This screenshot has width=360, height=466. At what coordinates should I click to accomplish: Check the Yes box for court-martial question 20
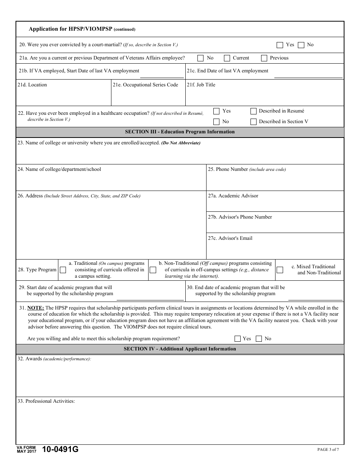(x=280, y=45)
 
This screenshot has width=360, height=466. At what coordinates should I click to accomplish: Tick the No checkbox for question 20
(x=301, y=45)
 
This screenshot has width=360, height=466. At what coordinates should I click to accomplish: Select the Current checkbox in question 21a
(x=227, y=58)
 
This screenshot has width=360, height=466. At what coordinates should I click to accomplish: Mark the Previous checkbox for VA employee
(x=264, y=58)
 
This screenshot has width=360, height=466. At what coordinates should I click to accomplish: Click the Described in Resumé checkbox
(x=254, y=111)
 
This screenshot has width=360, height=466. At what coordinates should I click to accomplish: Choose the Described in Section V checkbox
(x=254, y=122)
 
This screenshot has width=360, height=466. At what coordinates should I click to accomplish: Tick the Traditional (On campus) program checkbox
(x=63, y=270)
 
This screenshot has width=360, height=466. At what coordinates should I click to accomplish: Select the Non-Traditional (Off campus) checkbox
(x=153, y=270)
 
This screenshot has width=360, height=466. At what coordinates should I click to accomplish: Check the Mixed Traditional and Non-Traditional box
(x=280, y=270)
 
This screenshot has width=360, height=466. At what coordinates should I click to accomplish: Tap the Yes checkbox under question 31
(x=238, y=339)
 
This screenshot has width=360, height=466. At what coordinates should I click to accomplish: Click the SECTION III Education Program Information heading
(x=180, y=132)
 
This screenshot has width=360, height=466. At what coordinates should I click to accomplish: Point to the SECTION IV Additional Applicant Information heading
(x=180, y=349)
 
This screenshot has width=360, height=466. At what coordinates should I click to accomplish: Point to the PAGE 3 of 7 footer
(x=328, y=450)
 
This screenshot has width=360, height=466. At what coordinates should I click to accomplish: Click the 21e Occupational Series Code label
(x=145, y=85)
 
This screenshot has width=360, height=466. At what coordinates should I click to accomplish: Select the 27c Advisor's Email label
(x=230, y=238)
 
